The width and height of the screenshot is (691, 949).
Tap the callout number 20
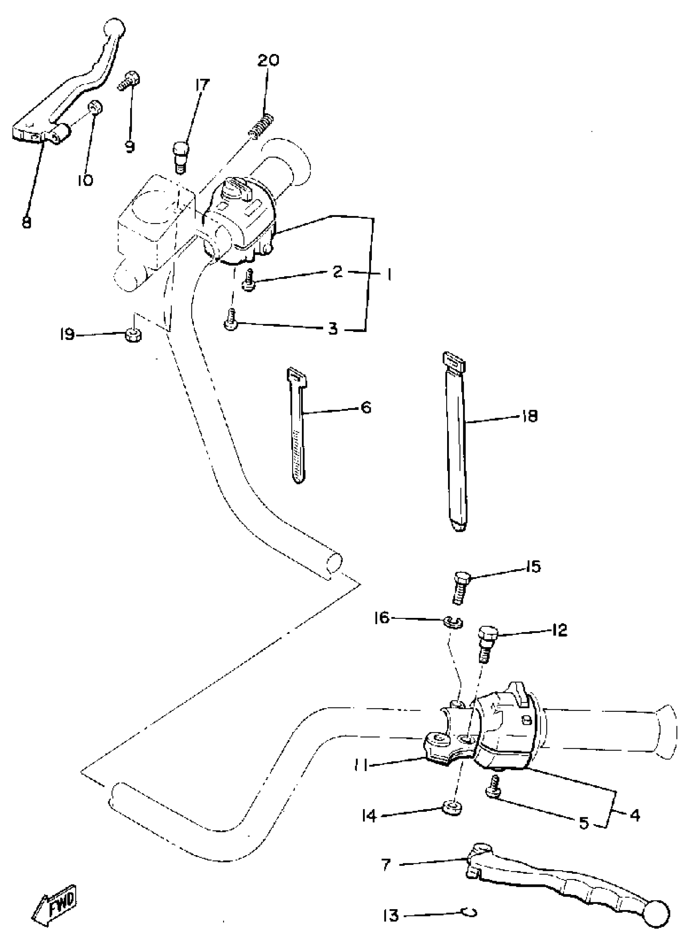coord(268,61)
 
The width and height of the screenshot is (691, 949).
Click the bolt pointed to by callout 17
coord(180,156)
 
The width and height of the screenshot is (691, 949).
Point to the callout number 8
coord(26,222)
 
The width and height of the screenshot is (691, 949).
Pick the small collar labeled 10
coord(96,108)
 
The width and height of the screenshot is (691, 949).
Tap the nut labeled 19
coord(133,335)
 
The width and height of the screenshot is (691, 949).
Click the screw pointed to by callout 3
coord(230,321)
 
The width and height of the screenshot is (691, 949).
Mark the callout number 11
coord(361,765)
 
